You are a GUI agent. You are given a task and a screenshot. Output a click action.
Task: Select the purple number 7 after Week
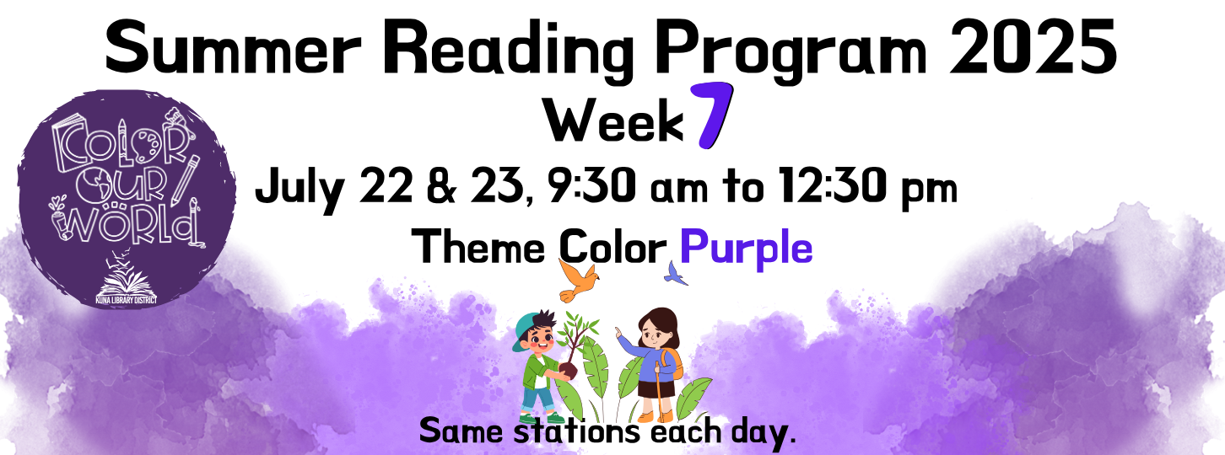(711, 115)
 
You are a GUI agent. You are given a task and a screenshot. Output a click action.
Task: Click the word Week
(613, 120)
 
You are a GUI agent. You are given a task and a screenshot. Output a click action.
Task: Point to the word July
(300, 189)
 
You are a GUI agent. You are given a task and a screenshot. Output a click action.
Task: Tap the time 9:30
(591, 185)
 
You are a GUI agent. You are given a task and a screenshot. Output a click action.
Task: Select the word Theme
(479, 247)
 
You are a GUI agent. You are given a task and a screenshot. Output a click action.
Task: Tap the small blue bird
(677, 274)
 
